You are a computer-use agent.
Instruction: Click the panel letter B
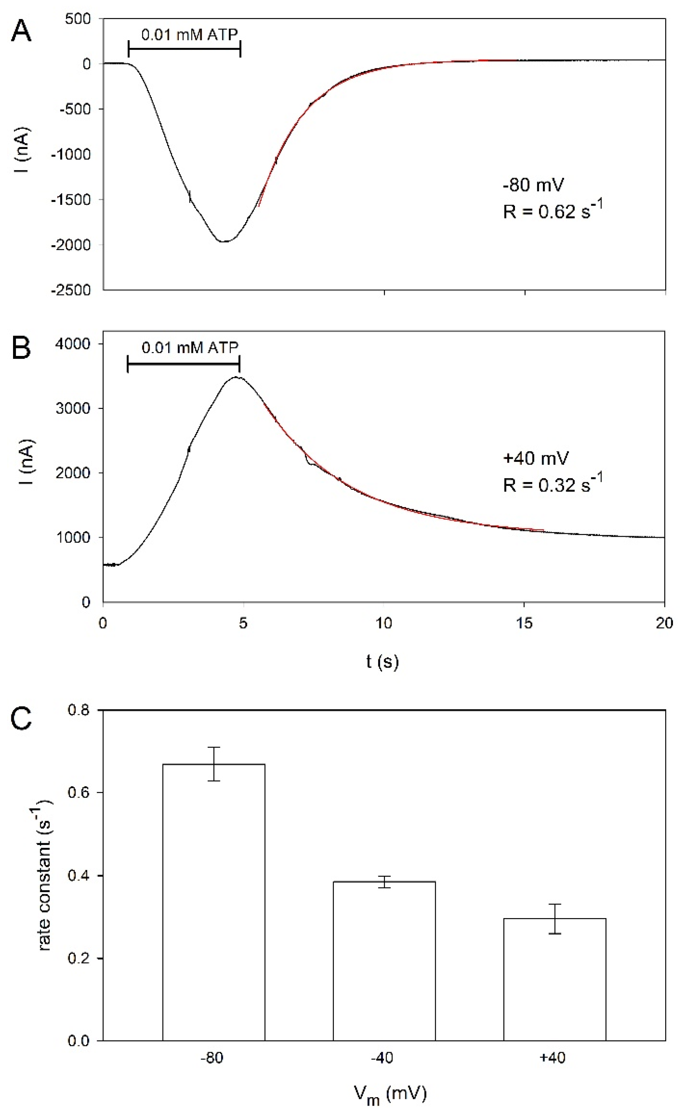[21, 348]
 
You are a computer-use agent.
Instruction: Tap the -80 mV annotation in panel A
[533, 185]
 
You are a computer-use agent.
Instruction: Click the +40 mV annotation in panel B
[536, 458]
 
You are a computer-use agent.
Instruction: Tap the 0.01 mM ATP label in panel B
[190, 347]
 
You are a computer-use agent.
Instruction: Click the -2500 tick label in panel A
[71, 290]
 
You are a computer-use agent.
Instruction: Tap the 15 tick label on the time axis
[524, 624]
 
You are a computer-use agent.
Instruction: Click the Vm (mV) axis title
[390, 1094]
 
